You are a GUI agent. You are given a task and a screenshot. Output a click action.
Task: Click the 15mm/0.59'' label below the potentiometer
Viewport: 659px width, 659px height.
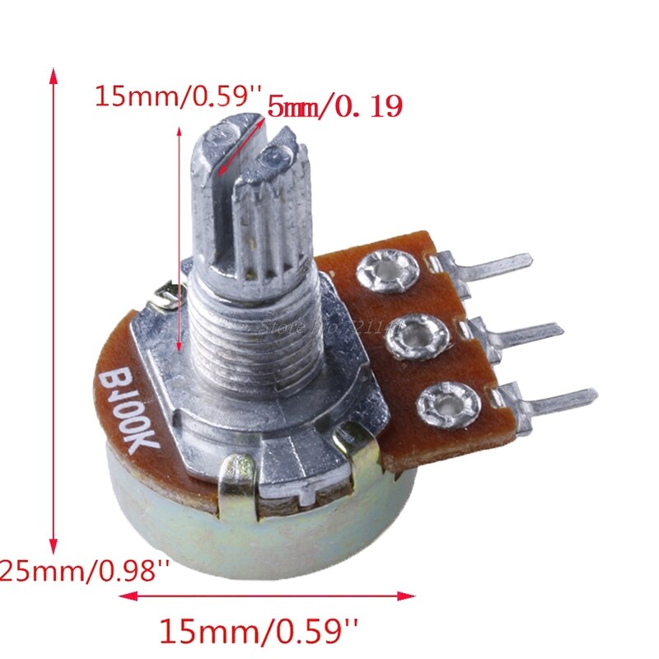pyautogui.click(x=259, y=632)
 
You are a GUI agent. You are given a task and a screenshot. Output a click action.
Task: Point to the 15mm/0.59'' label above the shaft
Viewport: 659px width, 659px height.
pyautogui.click(x=177, y=96)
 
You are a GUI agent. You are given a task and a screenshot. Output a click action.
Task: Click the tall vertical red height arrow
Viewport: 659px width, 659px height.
pyautogui.click(x=54, y=313)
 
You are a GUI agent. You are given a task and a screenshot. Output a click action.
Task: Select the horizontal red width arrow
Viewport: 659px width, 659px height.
pyautogui.click(x=272, y=595)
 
